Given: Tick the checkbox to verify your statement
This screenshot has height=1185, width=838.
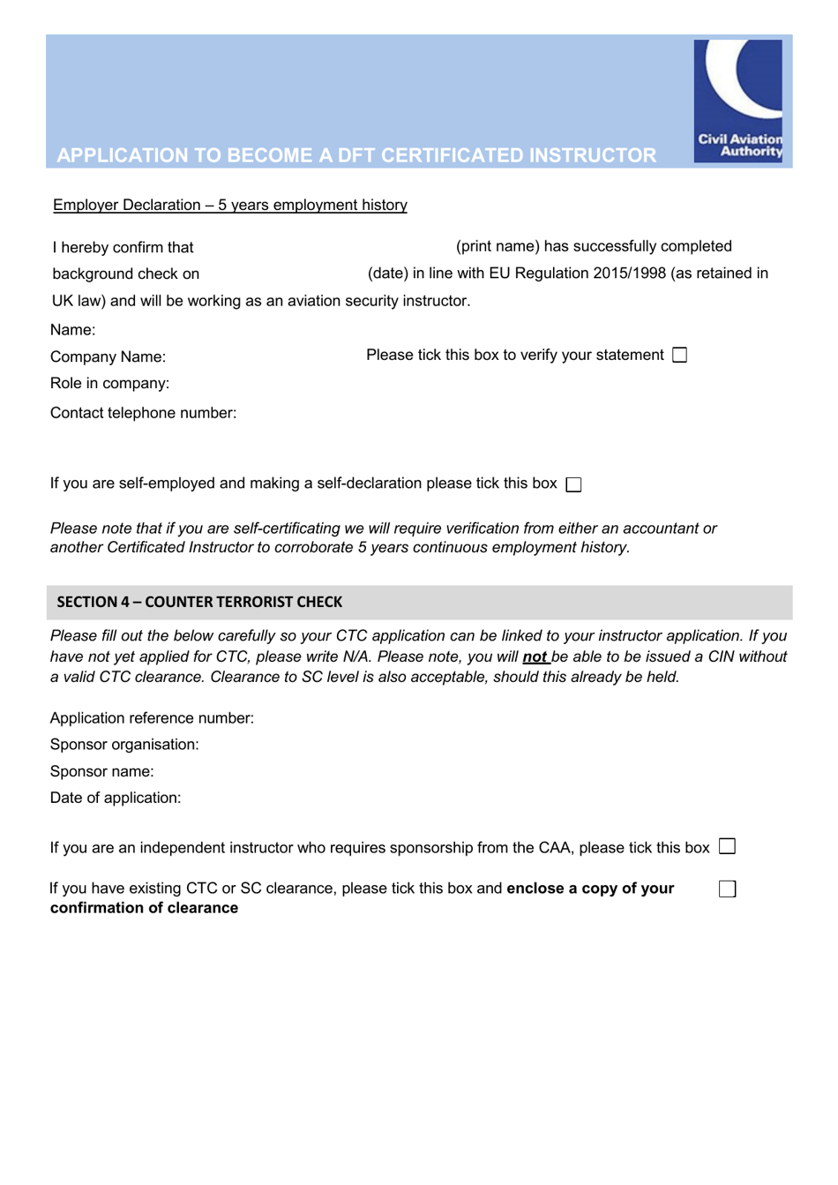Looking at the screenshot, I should (x=679, y=355).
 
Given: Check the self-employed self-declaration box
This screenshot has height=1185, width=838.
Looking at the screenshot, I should (x=573, y=484).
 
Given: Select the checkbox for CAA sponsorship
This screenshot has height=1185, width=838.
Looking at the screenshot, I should (x=727, y=846).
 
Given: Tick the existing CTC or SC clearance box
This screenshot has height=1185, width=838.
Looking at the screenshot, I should (x=727, y=889).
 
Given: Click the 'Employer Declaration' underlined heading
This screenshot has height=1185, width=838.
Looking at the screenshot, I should (x=229, y=205).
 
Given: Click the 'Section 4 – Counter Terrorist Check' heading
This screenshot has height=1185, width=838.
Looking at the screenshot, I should (x=199, y=602).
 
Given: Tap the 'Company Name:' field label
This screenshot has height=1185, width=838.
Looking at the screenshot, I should (x=108, y=356).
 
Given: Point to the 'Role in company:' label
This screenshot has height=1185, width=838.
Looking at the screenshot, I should (x=109, y=383).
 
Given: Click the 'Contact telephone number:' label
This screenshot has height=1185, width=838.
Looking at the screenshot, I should (x=143, y=413).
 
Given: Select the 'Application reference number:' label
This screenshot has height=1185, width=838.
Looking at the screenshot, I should (x=152, y=718).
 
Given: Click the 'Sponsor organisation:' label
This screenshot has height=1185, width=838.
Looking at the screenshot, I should (x=124, y=745).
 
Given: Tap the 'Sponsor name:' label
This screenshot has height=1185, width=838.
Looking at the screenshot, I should (x=101, y=771).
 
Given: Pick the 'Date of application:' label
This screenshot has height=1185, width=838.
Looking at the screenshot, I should (x=116, y=798).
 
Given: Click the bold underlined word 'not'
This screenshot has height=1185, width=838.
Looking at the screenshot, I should (x=535, y=656).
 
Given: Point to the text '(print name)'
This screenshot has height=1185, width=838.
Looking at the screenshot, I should (x=498, y=246).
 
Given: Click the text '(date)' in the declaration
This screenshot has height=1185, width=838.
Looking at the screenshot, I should (x=387, y=274).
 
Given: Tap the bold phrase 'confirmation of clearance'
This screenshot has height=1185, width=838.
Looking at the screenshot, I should (x=144, y=908).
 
